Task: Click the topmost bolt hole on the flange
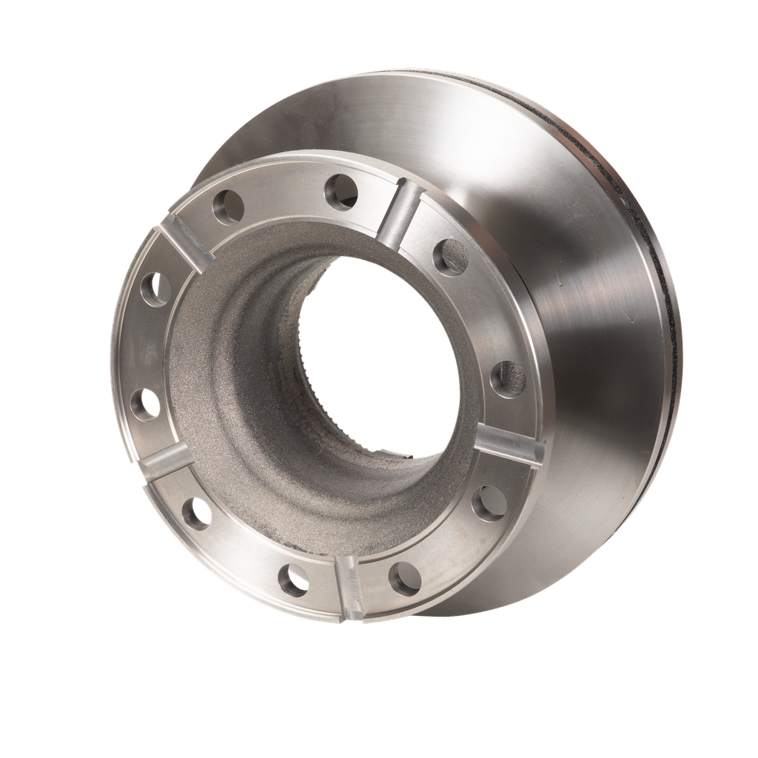coord(341,192)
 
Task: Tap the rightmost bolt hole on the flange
coord(508,378)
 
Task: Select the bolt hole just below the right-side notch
coord(489,503)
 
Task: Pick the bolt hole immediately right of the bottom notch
coord(404,578)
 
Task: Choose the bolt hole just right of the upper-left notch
coord(228,205)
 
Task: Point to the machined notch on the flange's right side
coord(509,445)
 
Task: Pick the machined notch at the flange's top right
coord(400,215)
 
